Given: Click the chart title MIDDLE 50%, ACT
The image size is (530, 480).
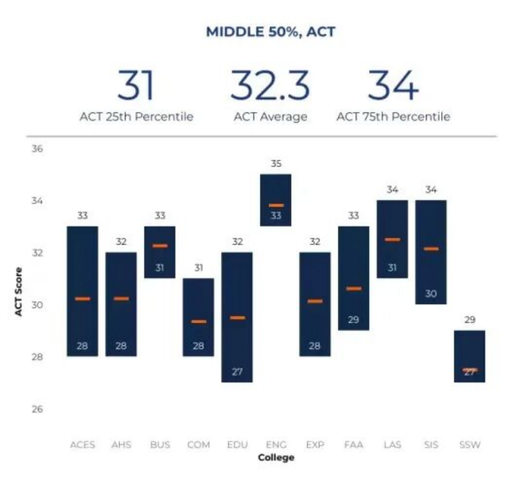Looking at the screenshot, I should (270, 31).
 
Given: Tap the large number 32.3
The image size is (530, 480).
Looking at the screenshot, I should (270, 85).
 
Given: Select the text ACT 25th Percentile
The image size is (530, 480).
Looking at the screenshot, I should (136, 117).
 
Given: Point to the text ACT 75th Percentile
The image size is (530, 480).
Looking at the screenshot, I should (393, 117).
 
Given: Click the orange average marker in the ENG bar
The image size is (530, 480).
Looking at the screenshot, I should (276, 206).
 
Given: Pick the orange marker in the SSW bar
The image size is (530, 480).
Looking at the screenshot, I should (470, 369).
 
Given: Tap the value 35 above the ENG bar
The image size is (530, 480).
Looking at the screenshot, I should (276, 164).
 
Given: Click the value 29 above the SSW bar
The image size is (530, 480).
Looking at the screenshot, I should (470, 320).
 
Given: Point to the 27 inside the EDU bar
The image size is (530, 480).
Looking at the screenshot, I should (237, 372).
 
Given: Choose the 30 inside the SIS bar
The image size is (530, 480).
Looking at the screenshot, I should (431, 294).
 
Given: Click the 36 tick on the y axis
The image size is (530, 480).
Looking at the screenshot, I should (37, 149).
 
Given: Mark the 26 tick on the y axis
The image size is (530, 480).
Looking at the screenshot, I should (37, 409).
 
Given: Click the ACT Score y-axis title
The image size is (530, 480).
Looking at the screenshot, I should (19, 292).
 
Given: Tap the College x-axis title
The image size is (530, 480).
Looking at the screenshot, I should (276, 458).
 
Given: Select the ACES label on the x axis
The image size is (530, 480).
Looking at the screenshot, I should (82, 445).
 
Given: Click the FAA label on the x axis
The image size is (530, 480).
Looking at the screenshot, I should (353, 445).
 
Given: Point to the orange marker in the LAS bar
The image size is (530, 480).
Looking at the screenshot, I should (392, 239).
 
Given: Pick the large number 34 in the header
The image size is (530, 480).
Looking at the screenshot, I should (393, 85).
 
